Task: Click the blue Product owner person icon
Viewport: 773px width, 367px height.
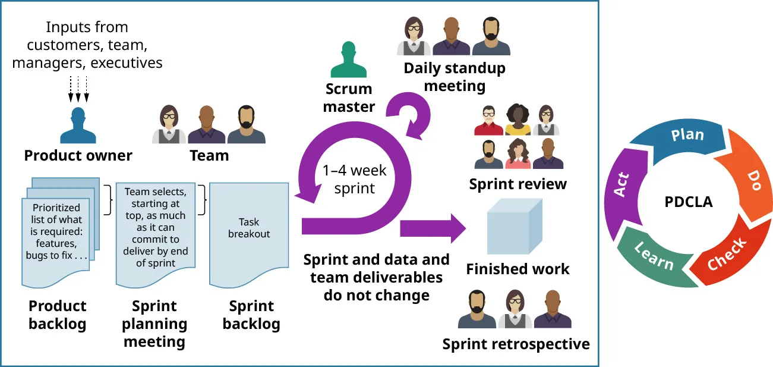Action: pyautogui.click(x=78, y=126)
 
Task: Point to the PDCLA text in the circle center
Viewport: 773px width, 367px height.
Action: pyautogui.click(x=688, y=202)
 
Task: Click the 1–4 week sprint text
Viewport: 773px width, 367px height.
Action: pyautogui.click(x=354, y=180)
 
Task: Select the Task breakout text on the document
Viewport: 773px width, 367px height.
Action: pyautogui.click(x=249, y=228)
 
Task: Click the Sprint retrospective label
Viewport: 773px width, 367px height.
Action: pyautogui.click(x=516, y=344)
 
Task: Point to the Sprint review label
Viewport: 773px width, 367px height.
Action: pyautogui.click(x=518, y=184)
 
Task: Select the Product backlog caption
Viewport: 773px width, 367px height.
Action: pyautogui.click(x=58, y=315)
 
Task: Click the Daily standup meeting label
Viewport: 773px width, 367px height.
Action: pyautogui.click(x=455, y=77)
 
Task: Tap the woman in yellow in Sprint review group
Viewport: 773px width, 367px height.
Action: pyautogui.click(x=518, y=120)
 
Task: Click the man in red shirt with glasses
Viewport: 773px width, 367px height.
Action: pyautogui.click(x=488, y=120)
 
